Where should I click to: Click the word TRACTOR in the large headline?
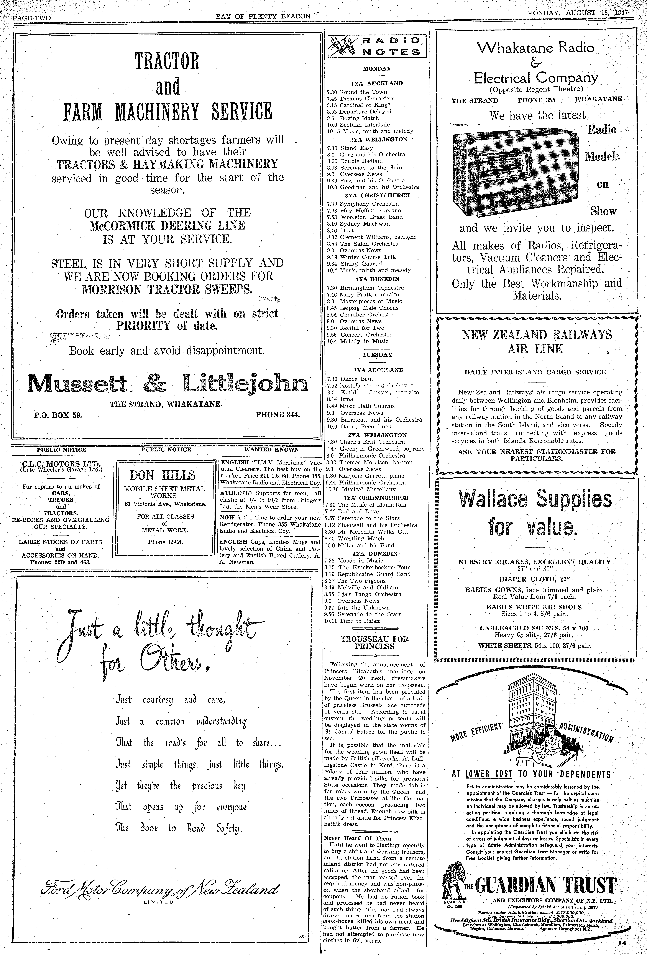point(167,61)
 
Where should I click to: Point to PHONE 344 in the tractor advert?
point(278,414)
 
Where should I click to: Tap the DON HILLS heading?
point(163,475)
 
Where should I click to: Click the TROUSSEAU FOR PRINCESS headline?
point(374,643)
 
